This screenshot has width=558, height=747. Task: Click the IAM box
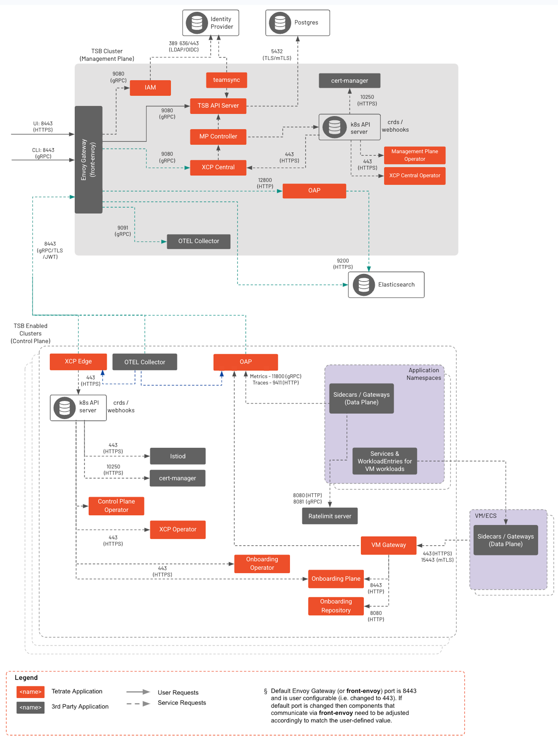point(150,88)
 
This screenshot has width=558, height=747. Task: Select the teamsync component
point(226,80)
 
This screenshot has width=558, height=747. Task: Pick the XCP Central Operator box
point(415,176)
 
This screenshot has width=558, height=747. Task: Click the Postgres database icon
point(280,23)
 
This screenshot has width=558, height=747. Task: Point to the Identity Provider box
point(210,23)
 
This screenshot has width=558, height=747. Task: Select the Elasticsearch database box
point(386,285)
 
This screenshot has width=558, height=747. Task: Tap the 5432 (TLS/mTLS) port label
point(277,55)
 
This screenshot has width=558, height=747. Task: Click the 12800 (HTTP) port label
point(265,183)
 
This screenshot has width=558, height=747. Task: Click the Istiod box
point(177,456)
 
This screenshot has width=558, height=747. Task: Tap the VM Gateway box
point(388,545)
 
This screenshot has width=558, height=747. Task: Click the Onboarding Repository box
point(336,606)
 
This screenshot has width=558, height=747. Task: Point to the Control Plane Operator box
point(116,506)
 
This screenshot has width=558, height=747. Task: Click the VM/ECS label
point(485,516)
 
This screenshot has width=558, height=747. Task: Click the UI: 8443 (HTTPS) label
point(43,127)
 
